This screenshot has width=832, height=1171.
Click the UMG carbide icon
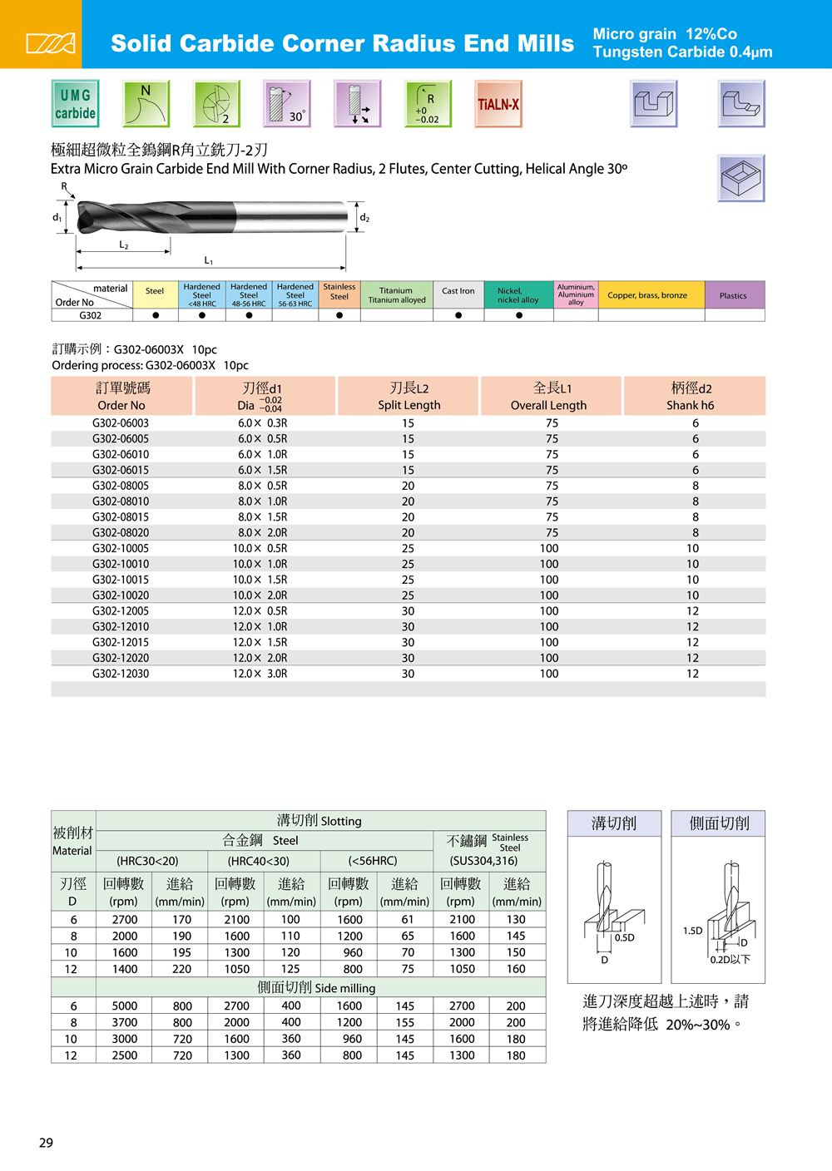75,104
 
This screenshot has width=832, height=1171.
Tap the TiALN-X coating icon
498,104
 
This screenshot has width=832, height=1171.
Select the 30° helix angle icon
287,104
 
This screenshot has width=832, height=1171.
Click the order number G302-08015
121,517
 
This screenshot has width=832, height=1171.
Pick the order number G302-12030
121,674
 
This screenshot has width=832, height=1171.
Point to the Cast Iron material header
458,291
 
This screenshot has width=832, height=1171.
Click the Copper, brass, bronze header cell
647,295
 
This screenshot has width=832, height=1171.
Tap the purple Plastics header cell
733,295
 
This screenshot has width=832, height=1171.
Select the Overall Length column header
550,396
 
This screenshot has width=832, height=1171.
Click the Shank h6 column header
691,396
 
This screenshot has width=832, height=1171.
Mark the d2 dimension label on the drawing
364,218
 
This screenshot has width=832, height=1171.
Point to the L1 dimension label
209,261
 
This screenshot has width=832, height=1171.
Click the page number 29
47,1143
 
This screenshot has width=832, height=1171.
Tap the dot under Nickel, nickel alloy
519,315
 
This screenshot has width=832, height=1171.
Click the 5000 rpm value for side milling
125,1005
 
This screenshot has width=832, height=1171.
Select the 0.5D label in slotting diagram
625,937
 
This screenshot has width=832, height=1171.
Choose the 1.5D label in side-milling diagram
693,931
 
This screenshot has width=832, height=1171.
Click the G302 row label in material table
91,315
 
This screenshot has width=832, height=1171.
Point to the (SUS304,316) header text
483,861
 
